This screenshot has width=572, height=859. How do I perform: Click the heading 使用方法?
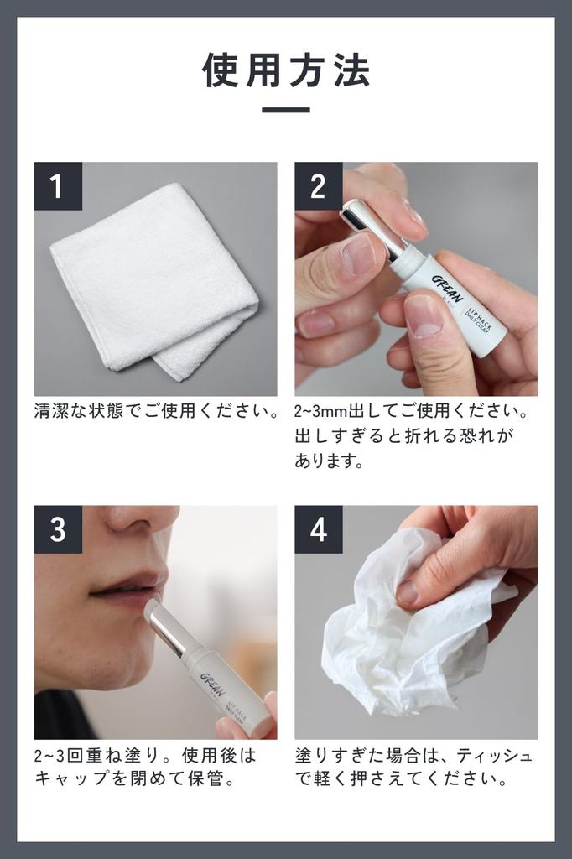coord(286,70)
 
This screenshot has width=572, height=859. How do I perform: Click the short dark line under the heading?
coord(286,110)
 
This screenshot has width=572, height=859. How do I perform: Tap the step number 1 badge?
coord(58,186)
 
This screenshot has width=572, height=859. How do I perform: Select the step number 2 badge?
coord(319,186)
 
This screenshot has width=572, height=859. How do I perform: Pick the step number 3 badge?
coord(58,530)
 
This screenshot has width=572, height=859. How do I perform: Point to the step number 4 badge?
coord(319,530)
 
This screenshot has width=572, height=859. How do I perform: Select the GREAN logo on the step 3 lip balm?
coord(213,685)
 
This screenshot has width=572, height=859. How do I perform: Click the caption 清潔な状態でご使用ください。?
coord(157,411)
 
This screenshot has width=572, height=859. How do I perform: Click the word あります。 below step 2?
coord(329,461)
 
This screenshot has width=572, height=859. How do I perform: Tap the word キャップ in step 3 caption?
coord(72,778)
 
